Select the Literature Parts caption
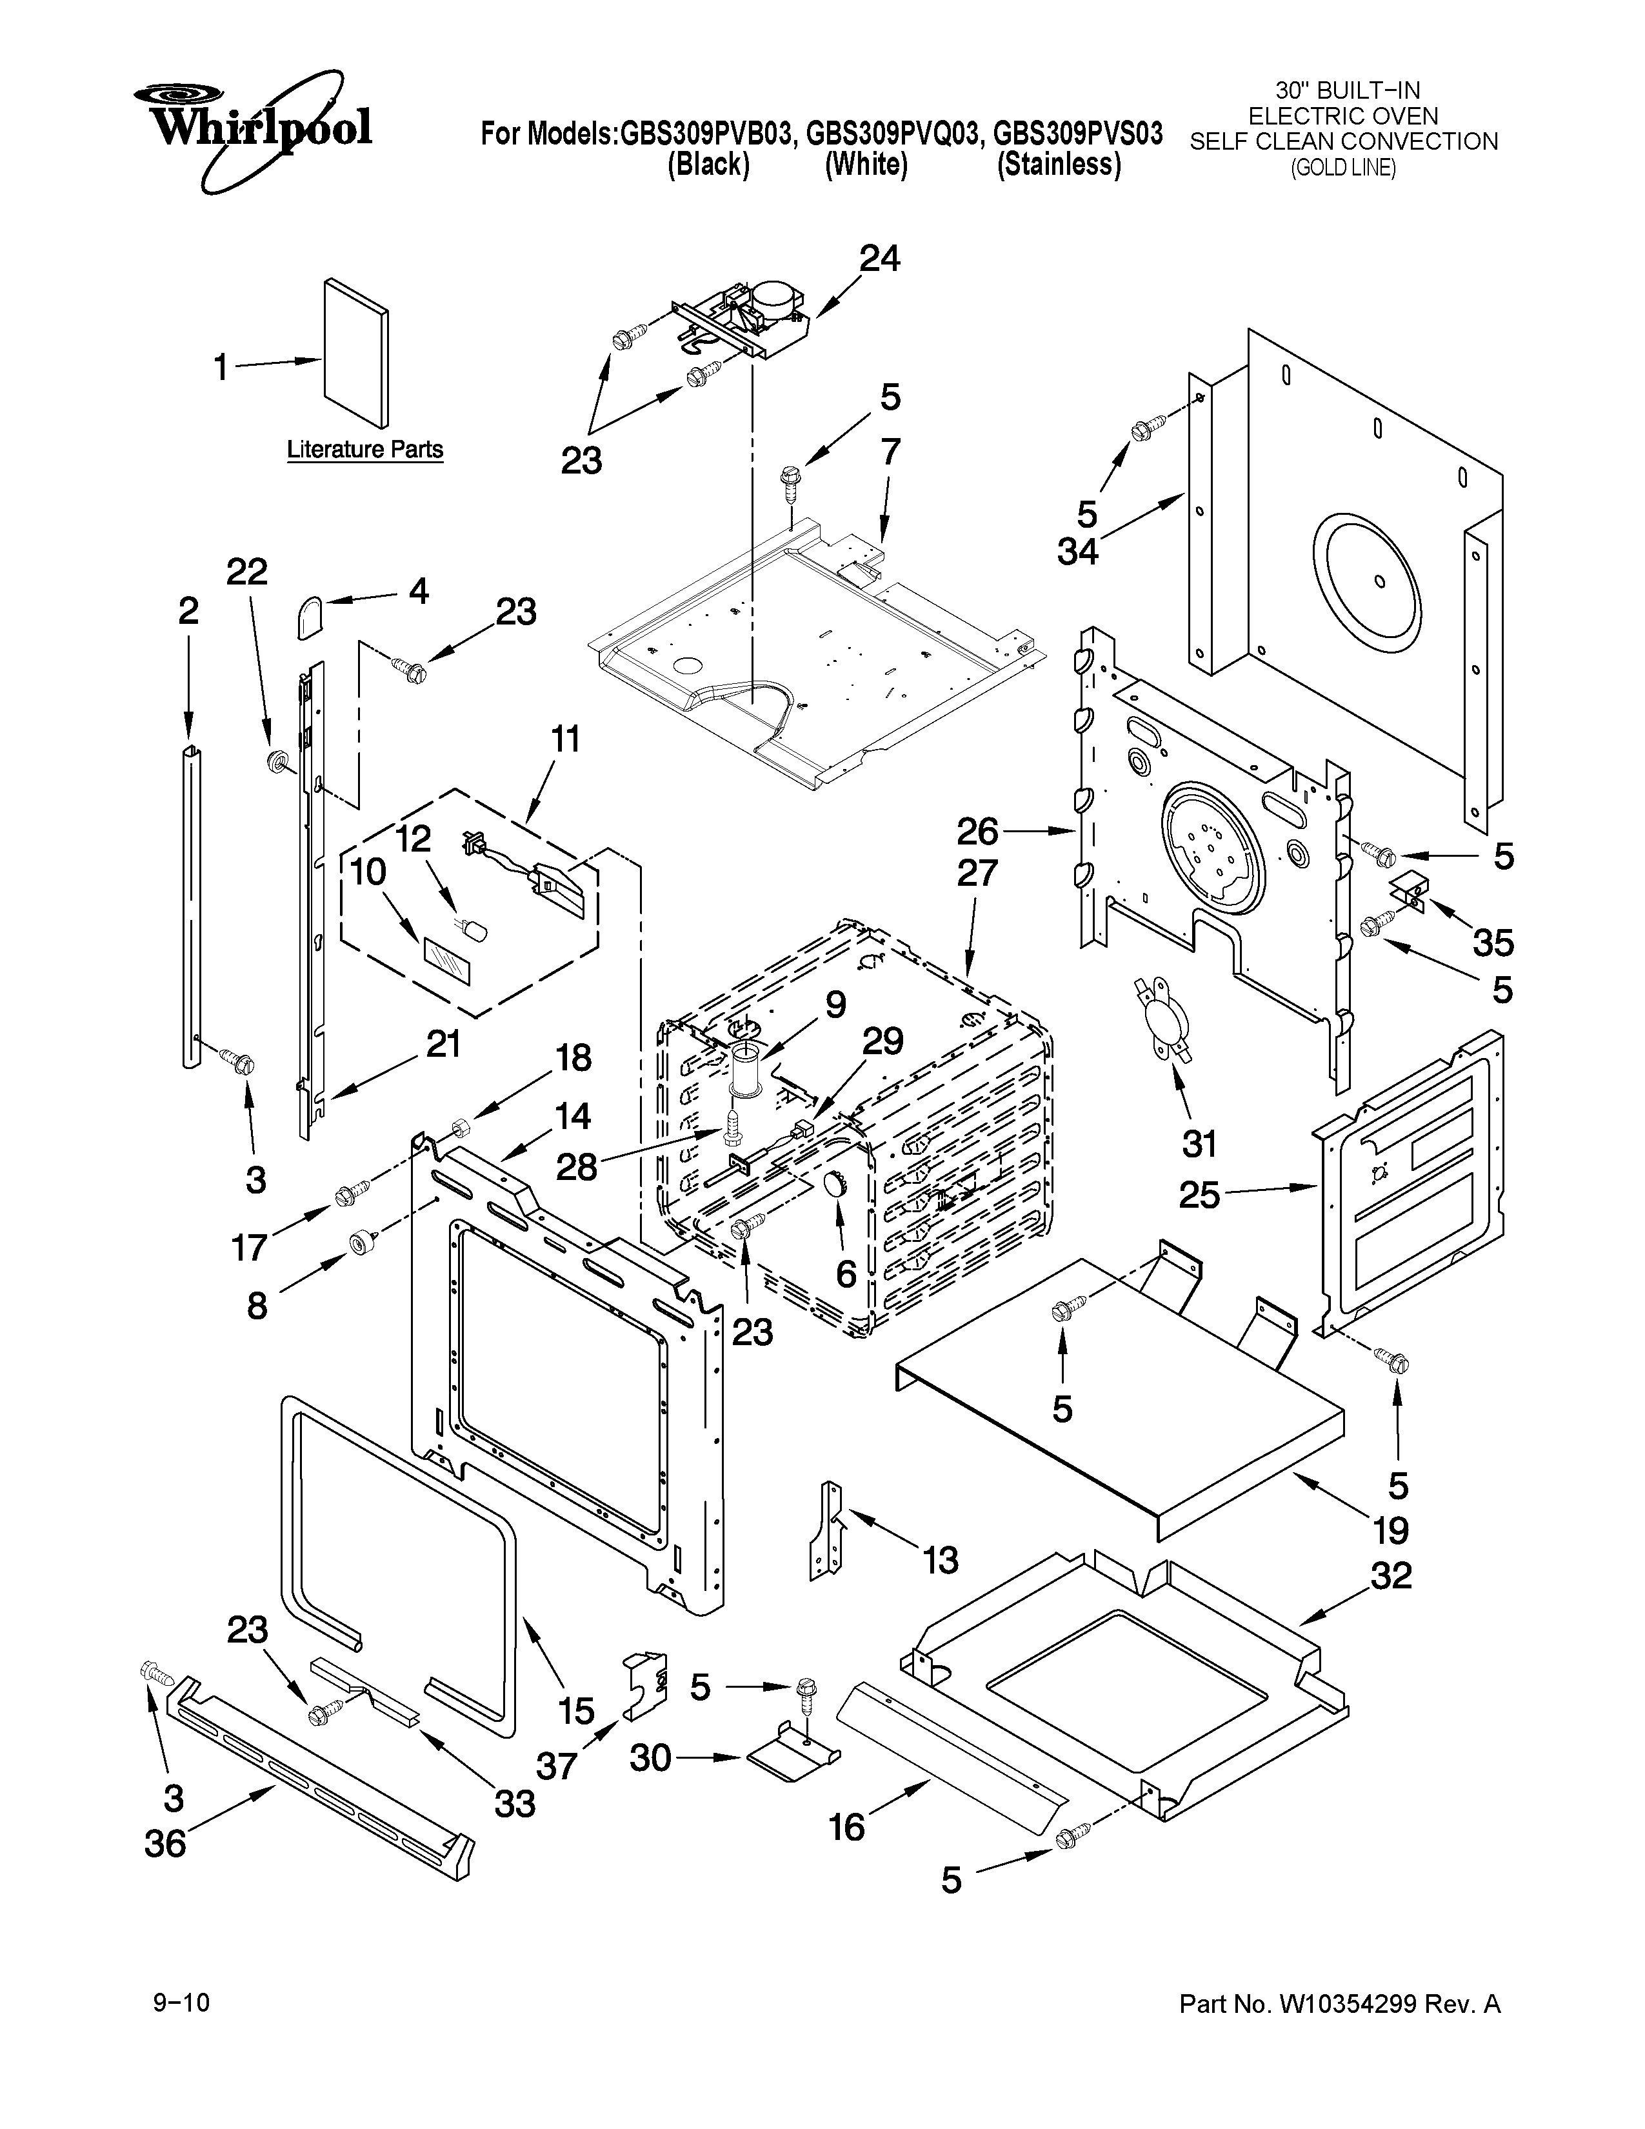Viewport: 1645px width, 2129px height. click(364, 450)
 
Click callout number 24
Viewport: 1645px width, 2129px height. click(879, 258)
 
